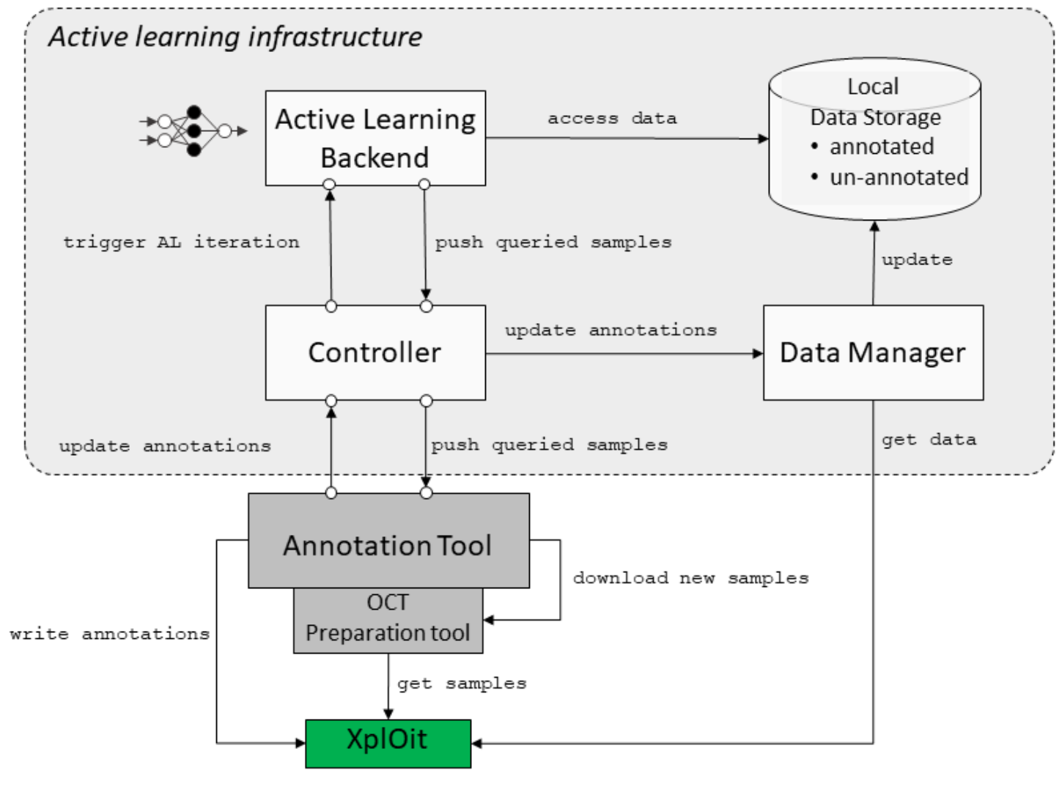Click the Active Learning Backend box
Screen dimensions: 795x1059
[374, 138]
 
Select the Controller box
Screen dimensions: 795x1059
[374, 352]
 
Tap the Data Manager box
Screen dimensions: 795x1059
[872, 352]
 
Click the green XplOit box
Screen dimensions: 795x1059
[388, 743]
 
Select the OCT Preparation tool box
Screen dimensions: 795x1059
[388, 620]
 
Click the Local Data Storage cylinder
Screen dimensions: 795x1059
[874, 139]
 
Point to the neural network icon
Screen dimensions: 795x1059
[193, 131]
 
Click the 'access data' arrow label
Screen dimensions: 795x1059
[612, 119]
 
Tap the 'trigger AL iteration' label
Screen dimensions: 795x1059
[181, 243]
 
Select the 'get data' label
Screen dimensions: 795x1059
[929, 440]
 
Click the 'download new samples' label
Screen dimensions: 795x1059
[690, 578]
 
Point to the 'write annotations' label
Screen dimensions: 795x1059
[110, 634]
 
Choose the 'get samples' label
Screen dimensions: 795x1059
[462, 684]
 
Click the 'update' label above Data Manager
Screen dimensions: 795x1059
[917, 260]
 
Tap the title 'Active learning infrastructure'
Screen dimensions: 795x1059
[235, 37]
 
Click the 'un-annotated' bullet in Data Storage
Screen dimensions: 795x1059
[898, 177]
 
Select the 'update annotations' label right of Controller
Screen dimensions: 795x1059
[610, 330]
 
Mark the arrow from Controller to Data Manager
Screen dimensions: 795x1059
[623, 354]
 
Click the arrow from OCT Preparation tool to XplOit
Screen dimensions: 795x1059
[388, 685]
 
